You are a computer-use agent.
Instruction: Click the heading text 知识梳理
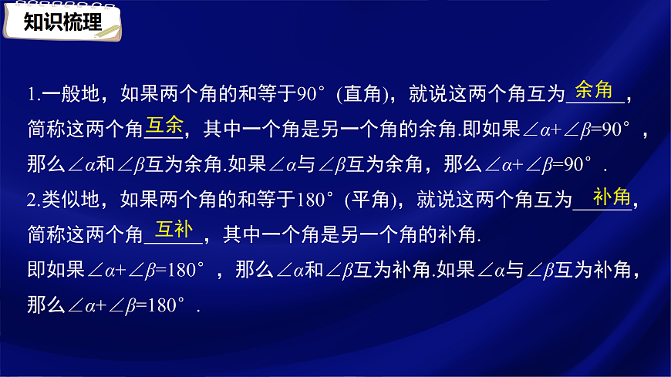(x=62, y=22)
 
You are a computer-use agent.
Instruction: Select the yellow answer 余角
(x=594, y=90)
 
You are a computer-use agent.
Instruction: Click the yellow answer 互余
(x=164, y=125)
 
